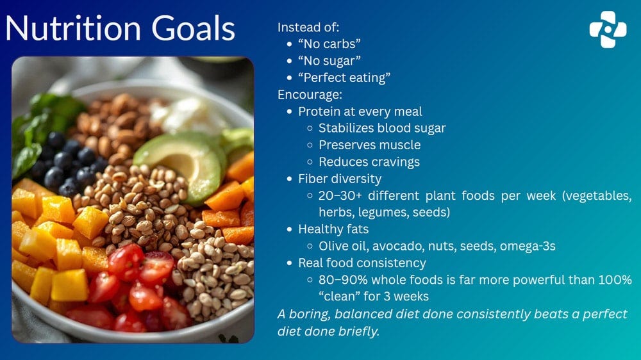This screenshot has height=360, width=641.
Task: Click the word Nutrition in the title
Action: pyautogui.click(x=74, y=29)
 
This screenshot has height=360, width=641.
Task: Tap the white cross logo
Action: pyautogui.click(x=608, y=29)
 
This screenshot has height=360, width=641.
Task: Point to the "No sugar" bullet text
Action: pyautogui.click(x=329, y=61)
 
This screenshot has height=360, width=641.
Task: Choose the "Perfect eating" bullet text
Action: pyautogui.click(x=344, y=78)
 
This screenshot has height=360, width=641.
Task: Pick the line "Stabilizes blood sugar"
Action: pyautogui.click(x=382, y=128)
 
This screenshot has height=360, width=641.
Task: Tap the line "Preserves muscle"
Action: pyautogui.click(x=369, y=145)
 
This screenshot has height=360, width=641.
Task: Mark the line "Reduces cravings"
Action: pyautogui.click(x=369, y=161)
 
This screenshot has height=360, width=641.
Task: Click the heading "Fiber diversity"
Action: pyautogui.click(x=340, y=178)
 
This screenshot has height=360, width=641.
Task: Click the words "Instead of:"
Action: pyautogui.click(x=308, y=28)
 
